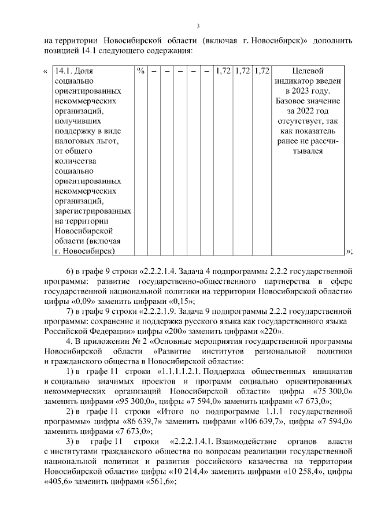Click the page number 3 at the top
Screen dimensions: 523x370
coord(198,25)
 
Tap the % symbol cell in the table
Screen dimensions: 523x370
coord(140,71)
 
